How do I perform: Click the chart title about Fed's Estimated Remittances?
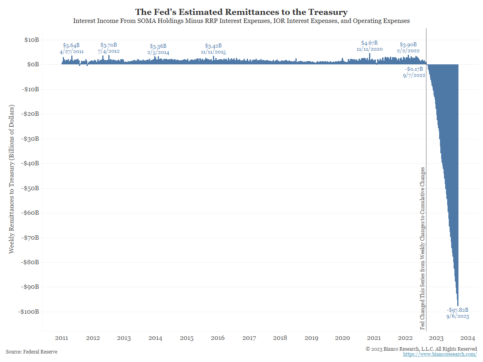pyautogui.click(x=241, y=12)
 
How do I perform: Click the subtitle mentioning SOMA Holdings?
pyautogui.click(x=241, y=21)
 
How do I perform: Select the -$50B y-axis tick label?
pyautogui.click(x=29, y=188)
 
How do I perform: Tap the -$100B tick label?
pyautogui.click(x=28, y=312)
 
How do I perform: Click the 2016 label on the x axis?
pyautogui.click(x=218, y=338)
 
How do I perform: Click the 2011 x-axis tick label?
pyautogui.click(x=62, y=338)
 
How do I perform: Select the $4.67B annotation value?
pyautogui.click(x=369, y=43)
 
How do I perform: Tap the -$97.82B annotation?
pyautogui.click(x=457, y=310)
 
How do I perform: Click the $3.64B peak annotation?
pyautogui.click(x=71, y=45)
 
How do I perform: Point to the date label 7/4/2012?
pyautogui.click(x=108, y=51)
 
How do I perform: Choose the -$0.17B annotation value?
pyautogui.click(x=414, y=69)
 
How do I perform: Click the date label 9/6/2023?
pyautogui.click(x=457, y=317)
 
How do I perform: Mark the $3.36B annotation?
pyautogui.click(x=158, y=46)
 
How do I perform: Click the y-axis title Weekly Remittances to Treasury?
pyautogui.click(x=12, y=179)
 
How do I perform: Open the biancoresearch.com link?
pyautogui.click(x=440, y=354)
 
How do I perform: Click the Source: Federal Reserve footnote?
pyautogui.click(x=31, y=352)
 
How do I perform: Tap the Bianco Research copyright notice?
pyautogui.click(x=421, y=349)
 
